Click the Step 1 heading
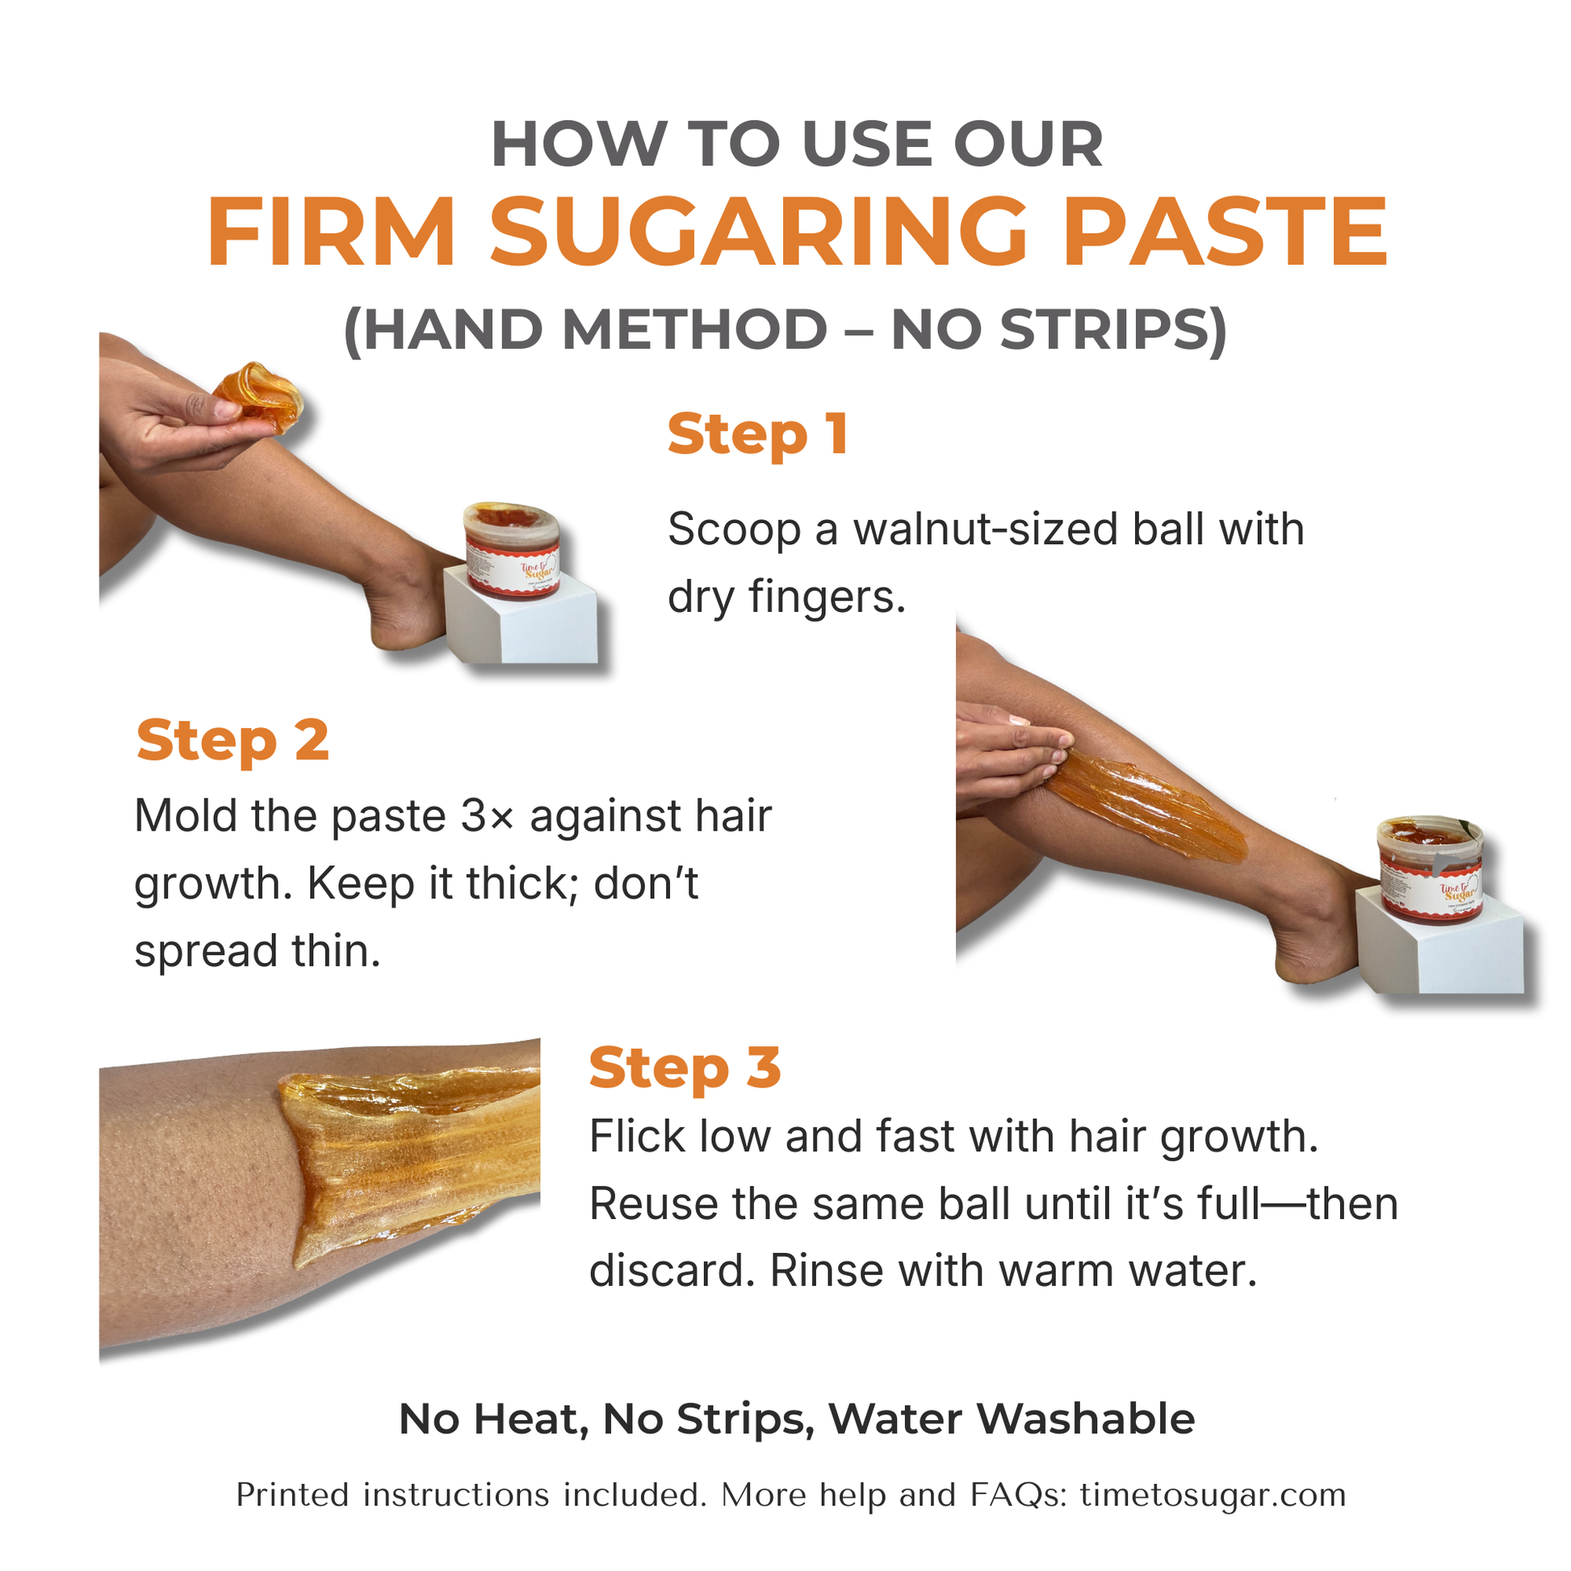(758, 435)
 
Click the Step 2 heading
(233, 741)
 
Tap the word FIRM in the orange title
(332, 233)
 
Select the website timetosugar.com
(1213, 1494)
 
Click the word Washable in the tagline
(1086, 1419)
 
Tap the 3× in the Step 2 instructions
(488, 816)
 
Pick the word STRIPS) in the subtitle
(1112, 329)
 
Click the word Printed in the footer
(293, 1494)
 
